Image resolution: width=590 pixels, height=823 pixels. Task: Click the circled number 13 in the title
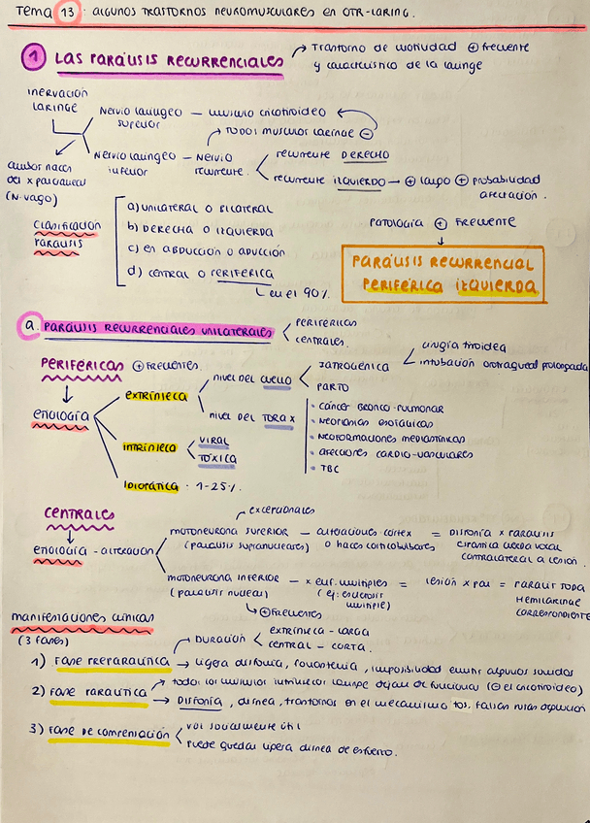point(68,13)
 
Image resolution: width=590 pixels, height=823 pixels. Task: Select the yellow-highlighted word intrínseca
point(149,447)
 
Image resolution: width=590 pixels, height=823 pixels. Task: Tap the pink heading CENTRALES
point(79,513)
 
